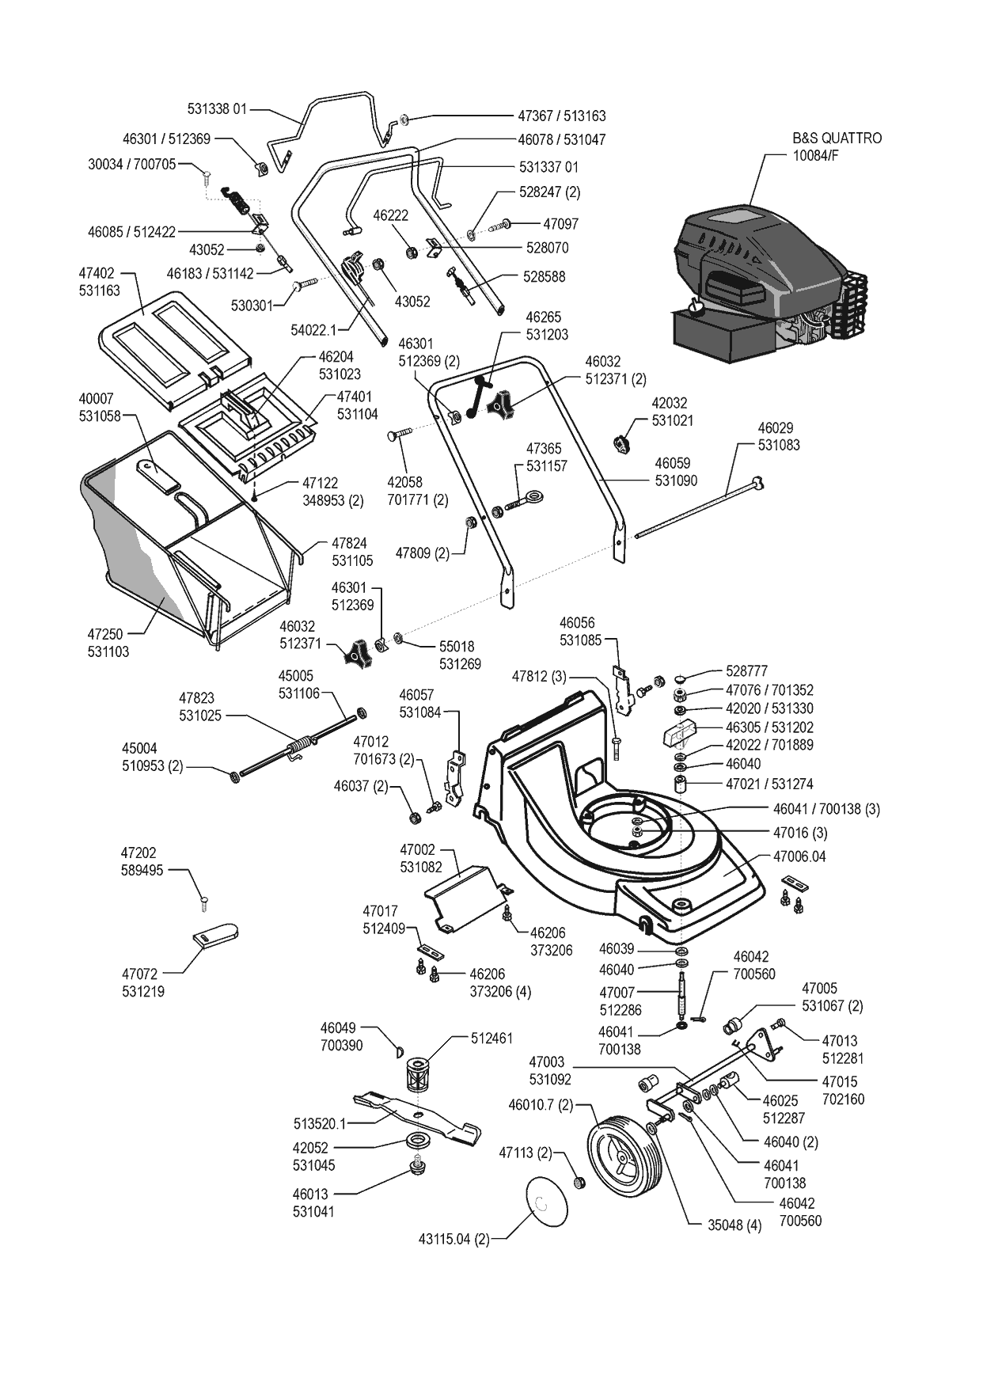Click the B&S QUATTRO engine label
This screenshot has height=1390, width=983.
pyautogui.click(x=836, y=146)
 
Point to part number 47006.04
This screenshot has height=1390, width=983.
pyautogui.click(x=799, y=856)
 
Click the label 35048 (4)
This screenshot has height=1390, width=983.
pyautogui.click(x=734, y=1225)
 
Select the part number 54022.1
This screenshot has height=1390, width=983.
pyautogui.click(x=313, y=329)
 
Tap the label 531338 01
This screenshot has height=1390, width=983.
pyautogui.click(x=218, y=109)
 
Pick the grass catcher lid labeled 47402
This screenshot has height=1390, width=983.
pyautogui.click(x=178, y=340)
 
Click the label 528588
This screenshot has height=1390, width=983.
pyautogui.click(x=545, y=277)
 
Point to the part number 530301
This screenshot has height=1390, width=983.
pyautogui.click(x=252, y=305)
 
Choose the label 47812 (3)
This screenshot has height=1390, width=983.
pyautogui.click(x=539, y=677)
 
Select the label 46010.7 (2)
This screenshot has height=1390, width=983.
pyautogui.click(x=541, y=1104)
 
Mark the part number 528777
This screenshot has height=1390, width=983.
pyautogui.click(x=746, y=670)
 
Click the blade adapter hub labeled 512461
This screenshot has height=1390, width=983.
pyautogui.click(x=416, y=1077)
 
